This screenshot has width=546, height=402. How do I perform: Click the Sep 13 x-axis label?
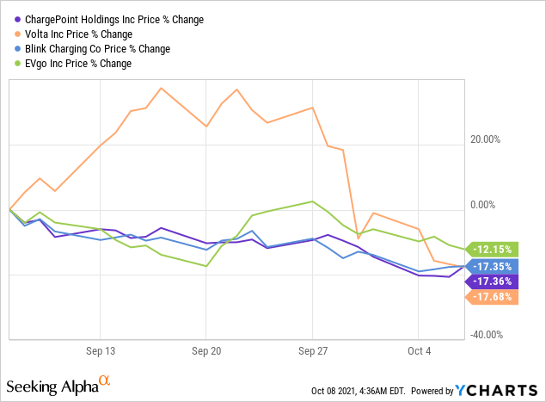click(x=100, y=351)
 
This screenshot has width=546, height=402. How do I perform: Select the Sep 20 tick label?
click(x=206, y=351)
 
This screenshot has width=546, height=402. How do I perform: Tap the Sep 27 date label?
click(x=312, y=351)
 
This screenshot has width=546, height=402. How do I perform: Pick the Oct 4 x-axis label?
click(x=418, y=351)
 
